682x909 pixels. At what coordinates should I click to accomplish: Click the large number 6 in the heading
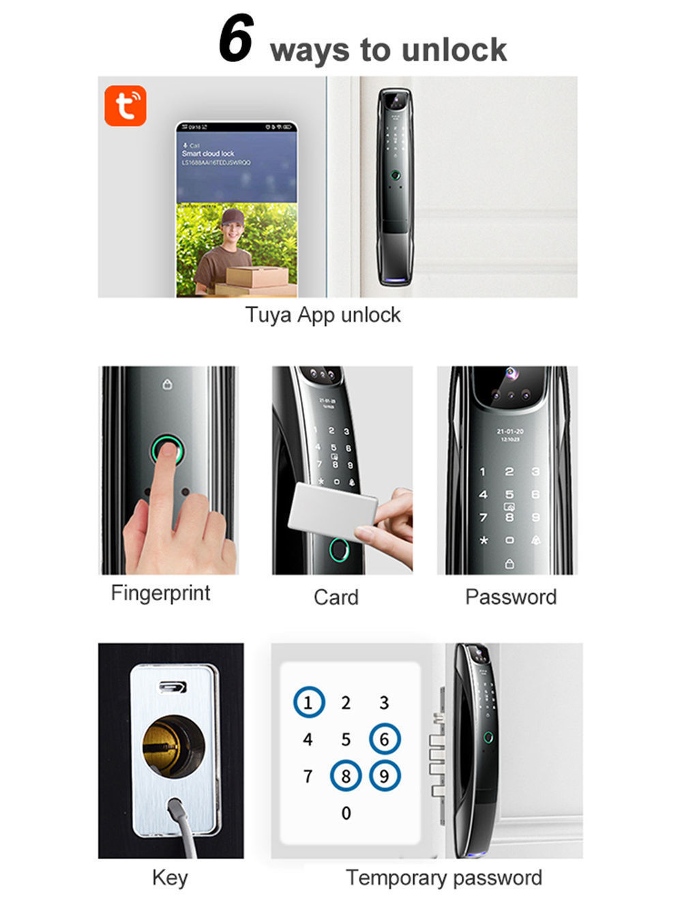(x=236, y=39)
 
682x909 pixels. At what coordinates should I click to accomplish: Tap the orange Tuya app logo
(x=125, y=106)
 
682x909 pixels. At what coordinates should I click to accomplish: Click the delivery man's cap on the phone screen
(x=233, y=218)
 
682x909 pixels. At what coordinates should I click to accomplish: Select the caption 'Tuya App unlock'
(x=323, y=315)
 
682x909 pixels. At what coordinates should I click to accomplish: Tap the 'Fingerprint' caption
(x=160, y=593)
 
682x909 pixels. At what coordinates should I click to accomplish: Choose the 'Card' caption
(x=336, y=597)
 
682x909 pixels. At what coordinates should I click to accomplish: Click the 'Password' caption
(x=511, y=597)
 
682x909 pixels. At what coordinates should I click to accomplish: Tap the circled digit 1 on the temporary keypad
(x=308, y=702)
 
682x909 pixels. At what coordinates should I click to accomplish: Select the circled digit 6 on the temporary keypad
(x=385, y=739)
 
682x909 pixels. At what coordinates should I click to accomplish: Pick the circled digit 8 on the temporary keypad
(x=346, y=776)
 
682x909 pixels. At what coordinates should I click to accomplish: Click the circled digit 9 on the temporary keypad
(x=385, y=776)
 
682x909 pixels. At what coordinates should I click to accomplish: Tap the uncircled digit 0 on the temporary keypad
(x=346, y=813)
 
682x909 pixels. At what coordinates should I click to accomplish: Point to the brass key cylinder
(x=172, y=746)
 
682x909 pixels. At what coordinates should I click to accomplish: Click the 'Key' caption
(x=169, y=877)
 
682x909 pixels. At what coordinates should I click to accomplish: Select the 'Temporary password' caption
(x=443, y=877)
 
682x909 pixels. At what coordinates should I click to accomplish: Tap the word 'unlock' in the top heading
(x=454, y=50)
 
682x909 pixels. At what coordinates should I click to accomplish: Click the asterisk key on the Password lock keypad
(x=484, y=541)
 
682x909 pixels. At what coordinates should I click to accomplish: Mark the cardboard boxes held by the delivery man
(x=256, y=280)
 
